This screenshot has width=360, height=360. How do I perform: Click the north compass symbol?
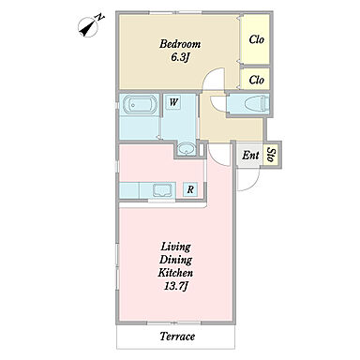coord(90,25)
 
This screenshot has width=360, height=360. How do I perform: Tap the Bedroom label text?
coord(180,44)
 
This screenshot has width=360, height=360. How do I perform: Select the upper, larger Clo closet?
coord(256,39)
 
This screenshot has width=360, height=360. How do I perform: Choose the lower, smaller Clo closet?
coord(256,80)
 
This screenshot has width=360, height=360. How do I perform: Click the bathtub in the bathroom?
coord(140,104)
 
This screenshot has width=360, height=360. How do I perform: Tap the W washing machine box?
coord(173,102)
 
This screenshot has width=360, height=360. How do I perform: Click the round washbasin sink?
coord(187,149)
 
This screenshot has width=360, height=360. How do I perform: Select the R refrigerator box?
coord(190,189)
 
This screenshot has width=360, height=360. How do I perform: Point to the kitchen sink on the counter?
coord(162,190)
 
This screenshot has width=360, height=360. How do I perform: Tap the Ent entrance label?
coord(250,156)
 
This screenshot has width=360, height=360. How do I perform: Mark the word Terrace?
coord(177,337)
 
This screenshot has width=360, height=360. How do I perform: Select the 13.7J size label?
coord(175,286)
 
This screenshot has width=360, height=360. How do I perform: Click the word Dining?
coord(175,260)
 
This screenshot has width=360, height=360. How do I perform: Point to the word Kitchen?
coord(175,273)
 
